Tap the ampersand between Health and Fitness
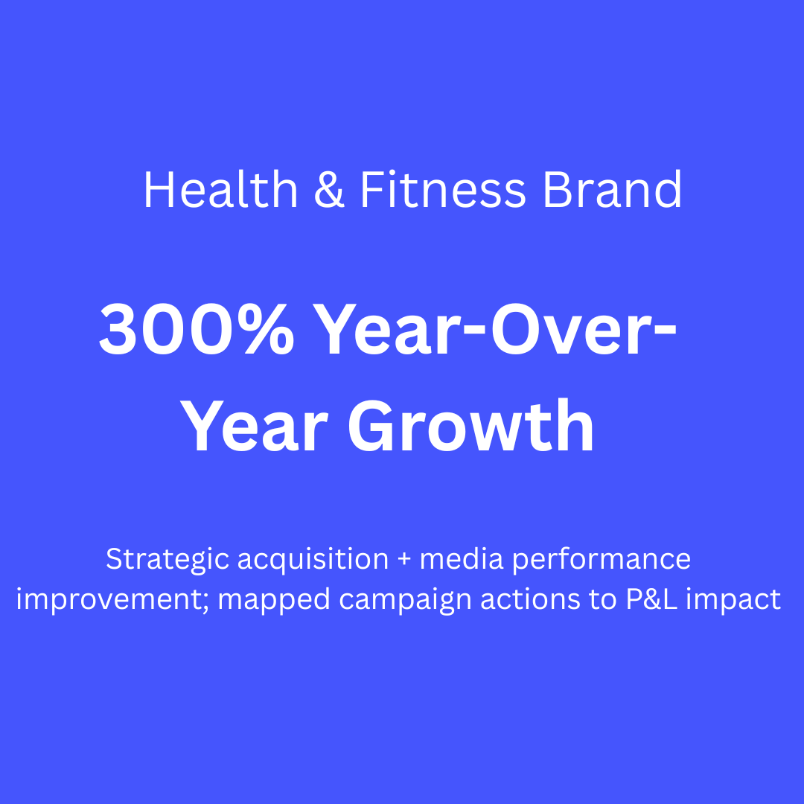pos(330,191)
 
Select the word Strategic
pos(167,559)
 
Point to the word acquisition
pos(313,560)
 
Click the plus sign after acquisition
pos(404,561)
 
